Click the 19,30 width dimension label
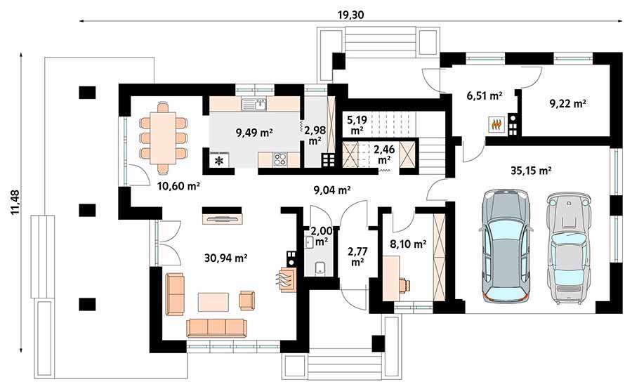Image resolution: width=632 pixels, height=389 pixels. click(350, 15)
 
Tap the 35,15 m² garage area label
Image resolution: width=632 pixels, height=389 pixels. click(531, 171)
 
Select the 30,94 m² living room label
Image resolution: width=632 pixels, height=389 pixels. click(225, 258)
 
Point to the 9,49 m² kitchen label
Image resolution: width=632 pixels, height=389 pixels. click(255, 132)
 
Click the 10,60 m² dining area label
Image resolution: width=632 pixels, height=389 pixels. click(179, 186)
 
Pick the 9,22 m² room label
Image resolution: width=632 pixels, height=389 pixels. click(568, 104)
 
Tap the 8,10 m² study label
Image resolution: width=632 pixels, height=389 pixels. click(408, 244)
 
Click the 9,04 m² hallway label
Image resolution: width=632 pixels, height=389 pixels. click(331, 190)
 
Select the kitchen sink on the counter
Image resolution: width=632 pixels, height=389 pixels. click(254, 105)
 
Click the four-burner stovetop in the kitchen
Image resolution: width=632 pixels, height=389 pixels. click(279, 159)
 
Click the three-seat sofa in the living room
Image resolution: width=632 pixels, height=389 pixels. click(216, 328)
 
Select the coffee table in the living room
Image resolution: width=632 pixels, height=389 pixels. click(213, 302)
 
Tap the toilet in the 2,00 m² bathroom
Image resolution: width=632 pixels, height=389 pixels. click(320, 268)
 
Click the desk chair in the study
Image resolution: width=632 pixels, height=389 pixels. click(404, 285)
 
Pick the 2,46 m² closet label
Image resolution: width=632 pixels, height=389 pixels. click(384, 154)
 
